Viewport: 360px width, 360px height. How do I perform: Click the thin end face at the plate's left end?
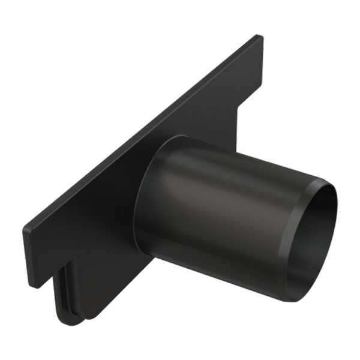[27, 255]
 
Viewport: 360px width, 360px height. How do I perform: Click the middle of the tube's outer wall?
[222, 204]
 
